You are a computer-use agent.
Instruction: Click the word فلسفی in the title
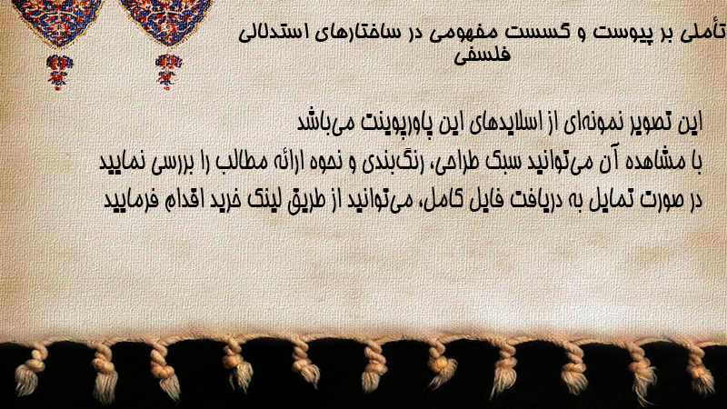482,55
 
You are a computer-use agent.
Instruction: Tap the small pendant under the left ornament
59,72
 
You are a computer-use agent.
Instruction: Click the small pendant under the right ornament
168,71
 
